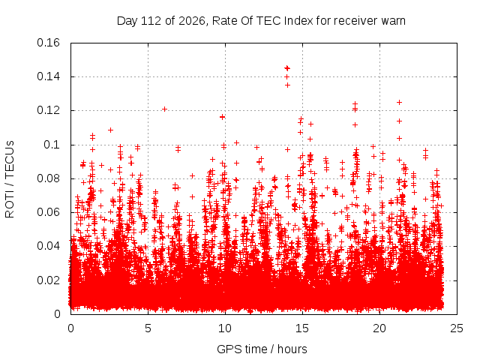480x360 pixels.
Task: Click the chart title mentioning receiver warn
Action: point(261,21)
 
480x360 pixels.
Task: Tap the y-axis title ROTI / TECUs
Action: point(10,179)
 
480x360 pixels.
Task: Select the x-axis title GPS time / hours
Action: point(262,349)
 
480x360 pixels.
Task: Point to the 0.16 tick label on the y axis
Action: point(48,43)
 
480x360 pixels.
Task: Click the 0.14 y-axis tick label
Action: point(48,76)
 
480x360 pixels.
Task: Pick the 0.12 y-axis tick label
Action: point(48,110)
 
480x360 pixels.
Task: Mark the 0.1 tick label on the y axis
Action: point(52,145)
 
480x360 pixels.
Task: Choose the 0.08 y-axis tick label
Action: point(48,178)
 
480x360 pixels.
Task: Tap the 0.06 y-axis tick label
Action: point(48,212)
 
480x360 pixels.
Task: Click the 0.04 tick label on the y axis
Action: point(48,246)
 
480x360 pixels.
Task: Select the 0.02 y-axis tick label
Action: point(48,280)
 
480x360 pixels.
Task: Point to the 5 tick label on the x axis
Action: point(148,328)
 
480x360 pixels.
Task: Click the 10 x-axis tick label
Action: point(225,328)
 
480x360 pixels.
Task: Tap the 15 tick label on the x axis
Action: point(302,328)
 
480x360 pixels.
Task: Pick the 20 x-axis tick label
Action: point(379,328)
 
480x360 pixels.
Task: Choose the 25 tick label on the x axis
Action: point(457,328)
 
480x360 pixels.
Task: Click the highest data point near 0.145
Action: point(287,68)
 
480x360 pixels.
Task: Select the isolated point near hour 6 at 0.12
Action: point(164,109)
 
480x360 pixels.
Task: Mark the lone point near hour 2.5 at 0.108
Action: point(110,130)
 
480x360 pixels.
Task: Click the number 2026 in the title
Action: point(192,21)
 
